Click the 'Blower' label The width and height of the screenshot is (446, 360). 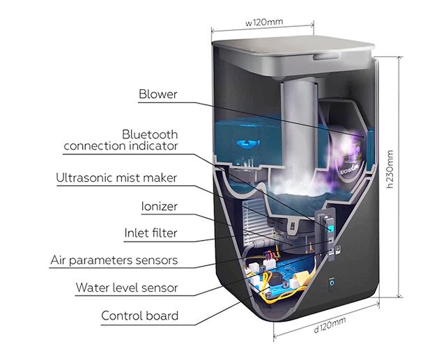click(x=158, y=94)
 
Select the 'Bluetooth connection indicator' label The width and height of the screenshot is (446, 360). click(x=121, y=140)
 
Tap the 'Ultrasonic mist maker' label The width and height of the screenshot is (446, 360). click(x=116, y=178)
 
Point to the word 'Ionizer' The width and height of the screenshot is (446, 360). click(x=159, y=207)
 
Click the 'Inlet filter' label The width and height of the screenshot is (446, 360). click(x=151, y=233)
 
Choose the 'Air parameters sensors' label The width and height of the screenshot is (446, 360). click(x=114, y=260)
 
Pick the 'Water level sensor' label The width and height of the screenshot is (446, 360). click(x=127, y=287)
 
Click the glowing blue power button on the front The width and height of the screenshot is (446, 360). click(x=331, y=283)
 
